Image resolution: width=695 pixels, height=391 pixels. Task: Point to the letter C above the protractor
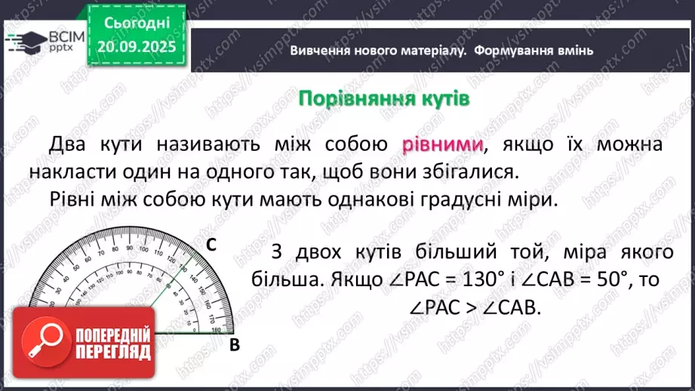pyautogui.click(x=212, y=245)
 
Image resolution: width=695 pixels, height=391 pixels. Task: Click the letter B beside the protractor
pyautogui.click(x=234, y=344)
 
